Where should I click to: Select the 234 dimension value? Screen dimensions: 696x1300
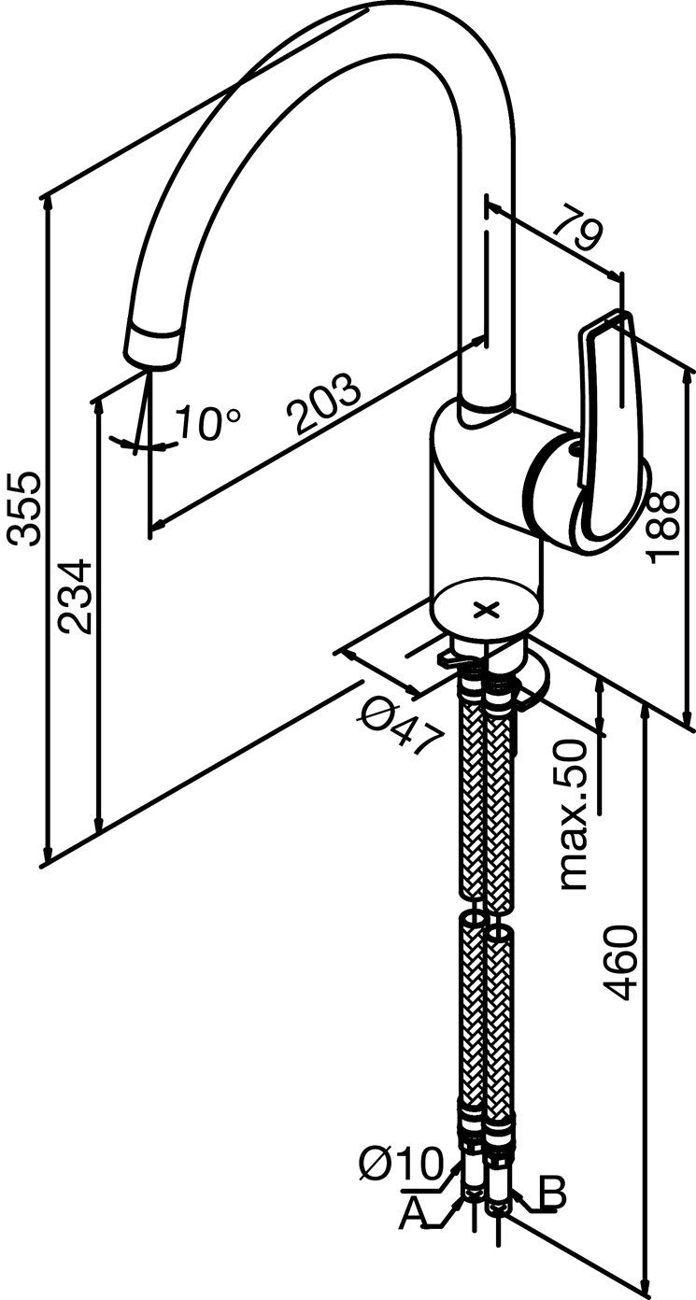click(x=75, y=596)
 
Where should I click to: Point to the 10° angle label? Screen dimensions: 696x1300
click(x=208, y=422)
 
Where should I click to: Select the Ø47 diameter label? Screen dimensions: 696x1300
click(x=402, y=726)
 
